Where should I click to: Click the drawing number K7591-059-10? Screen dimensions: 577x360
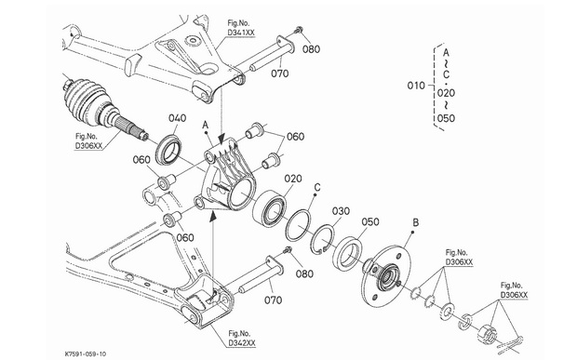coord(86,353)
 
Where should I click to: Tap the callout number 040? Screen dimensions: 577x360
coord(178,118)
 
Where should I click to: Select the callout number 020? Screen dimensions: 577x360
coord(293,179)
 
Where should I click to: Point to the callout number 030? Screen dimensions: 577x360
coord(341,211)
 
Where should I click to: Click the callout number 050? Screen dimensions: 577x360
coord(370,222)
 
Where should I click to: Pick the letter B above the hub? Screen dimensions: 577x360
coord(415,222)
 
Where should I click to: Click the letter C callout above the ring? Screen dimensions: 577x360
coord(317,188)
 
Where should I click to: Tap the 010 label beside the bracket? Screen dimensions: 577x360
coord(416,86)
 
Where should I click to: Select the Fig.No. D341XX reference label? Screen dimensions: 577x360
coord(241,28)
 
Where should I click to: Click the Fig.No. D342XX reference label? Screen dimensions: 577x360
coord(242,339)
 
